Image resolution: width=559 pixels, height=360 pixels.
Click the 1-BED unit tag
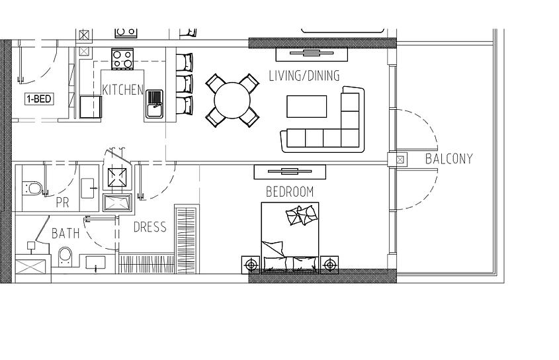click(x=39, y=99)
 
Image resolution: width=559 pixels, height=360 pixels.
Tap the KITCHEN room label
click(x=122, y=90)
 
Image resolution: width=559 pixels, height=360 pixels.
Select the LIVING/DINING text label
click(x=304, y=75)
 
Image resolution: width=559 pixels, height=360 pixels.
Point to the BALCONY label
click(x=449, y=159)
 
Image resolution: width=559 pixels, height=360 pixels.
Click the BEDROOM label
click(x=290, y=192)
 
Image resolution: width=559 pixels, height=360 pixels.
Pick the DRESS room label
click(x=150, y=227)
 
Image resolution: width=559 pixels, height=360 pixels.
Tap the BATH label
click(x=65, y=234)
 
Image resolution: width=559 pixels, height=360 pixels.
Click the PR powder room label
click(x=62, y=202)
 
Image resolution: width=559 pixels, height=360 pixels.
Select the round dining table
click(x=232, y=101)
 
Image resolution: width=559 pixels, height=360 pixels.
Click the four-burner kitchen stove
click(x=122, y=59)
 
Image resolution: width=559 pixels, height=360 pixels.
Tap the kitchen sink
click(x=154, y=104)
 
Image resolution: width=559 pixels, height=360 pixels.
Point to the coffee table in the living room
click(x=306, y=107)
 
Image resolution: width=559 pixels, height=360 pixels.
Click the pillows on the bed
click(x=301, y=215)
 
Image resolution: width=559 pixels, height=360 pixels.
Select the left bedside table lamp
click(x=251, y=265)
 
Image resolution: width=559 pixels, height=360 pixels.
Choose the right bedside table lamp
click(x=329, y=265)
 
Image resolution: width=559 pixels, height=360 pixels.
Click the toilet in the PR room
click(x=32, y=189)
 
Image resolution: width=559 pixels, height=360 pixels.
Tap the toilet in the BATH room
click(x=65, y=257)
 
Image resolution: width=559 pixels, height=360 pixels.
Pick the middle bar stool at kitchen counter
click(x=185, y=84)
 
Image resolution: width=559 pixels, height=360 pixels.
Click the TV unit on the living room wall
click(x=312, y=54)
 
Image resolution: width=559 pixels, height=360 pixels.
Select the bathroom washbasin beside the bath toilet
click(x=95, y=263)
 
